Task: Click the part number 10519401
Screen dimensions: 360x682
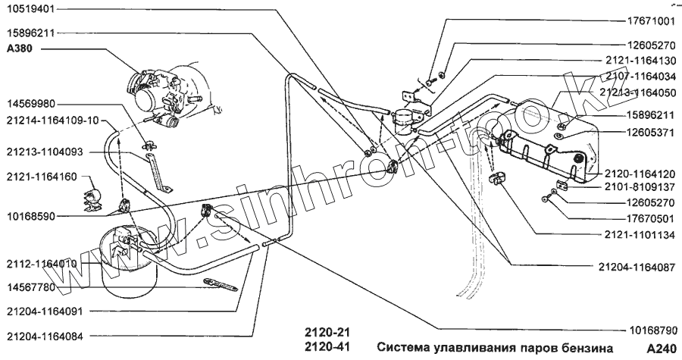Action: [31, 12]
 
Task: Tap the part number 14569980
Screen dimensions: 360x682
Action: [31, 103]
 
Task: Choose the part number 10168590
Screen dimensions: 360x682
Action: [31, 216]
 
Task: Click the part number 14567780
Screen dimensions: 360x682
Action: [31, 287]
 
